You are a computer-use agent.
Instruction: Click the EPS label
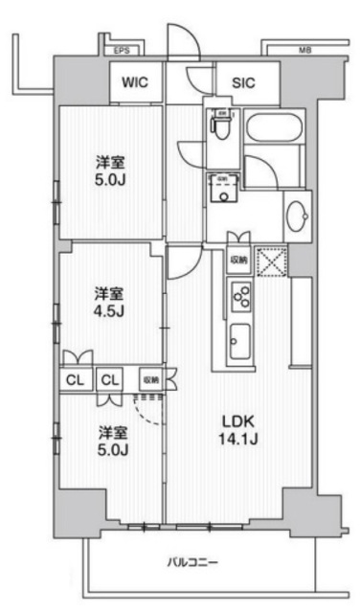122,50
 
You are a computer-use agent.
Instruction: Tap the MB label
304,50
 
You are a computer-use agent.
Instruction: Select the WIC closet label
133,83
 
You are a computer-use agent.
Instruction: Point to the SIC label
242,83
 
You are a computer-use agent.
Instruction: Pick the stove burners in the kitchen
239,298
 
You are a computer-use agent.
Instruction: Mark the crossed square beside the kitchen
273,261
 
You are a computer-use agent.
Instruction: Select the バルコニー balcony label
196,561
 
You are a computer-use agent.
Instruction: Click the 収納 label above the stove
237,260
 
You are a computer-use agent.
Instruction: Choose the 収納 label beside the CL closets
150,379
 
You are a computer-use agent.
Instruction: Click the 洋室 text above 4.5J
109,291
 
